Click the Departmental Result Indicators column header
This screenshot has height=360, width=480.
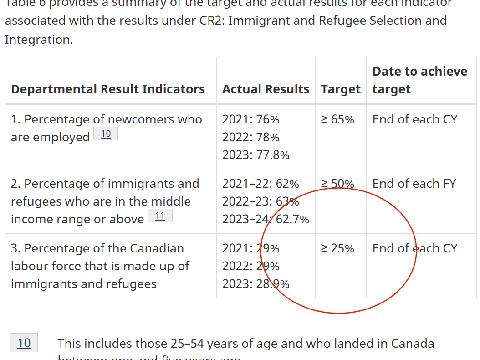108,89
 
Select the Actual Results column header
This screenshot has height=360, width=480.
266,89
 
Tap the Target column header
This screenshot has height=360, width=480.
341,89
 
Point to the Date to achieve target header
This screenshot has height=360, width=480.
419,80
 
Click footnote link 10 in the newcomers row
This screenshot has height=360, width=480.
106,134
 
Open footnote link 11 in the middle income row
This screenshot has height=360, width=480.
160,216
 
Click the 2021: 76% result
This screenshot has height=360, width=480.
251,119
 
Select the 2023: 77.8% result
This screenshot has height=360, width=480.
255,155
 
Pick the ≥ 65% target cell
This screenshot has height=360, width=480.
337,119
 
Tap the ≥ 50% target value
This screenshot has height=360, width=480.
337,184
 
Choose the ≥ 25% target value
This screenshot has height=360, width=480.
337,248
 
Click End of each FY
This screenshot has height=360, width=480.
414,184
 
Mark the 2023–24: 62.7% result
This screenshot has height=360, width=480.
266,219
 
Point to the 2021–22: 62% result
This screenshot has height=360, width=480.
260,184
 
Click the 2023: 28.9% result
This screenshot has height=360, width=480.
255,284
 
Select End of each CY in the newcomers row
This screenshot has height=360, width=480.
415,119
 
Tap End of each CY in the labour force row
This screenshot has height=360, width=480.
415,248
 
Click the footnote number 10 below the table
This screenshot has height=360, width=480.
24,343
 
